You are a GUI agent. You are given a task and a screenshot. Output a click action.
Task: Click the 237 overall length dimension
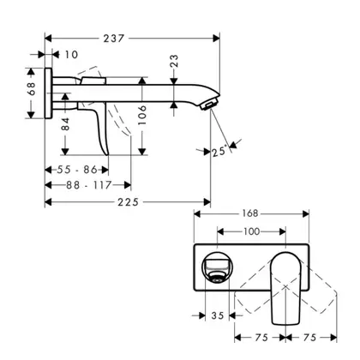pos(114,39)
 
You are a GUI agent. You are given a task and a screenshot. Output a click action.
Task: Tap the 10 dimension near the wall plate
pos(71,55)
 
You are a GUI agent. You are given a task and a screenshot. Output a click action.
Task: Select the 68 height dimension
pos(32,88)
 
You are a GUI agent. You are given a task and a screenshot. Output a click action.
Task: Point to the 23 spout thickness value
pos(174,61)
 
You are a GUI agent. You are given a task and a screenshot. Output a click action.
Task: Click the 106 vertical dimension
pos(142,115)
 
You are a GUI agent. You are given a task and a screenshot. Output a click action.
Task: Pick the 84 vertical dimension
pos(65,123)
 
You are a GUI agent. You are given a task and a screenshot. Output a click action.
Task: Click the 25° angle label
pos(220,151)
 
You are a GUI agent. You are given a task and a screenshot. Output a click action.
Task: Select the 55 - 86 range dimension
pos(77,170)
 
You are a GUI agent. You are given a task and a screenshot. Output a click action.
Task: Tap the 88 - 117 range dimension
pos(89,185)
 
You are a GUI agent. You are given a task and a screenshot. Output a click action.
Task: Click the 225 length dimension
pos(129,202)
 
